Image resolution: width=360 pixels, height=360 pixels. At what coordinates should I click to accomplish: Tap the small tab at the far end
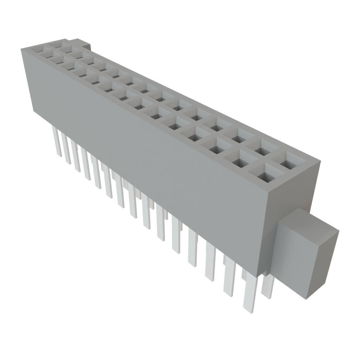point(84,45)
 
